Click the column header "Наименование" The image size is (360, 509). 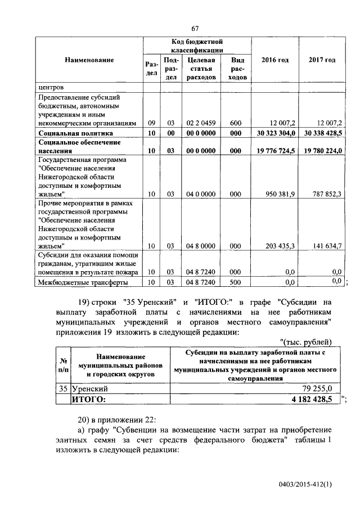pyautogui.click(x=89, y=60)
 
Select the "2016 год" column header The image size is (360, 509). pyautogui.click(x=276, y=60)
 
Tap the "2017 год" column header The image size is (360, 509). pyautogui.click(x=322, y=60)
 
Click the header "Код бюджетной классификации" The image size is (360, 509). pyautogui.click(x=197, y=46)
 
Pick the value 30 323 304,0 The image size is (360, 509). pyautogui.click(x=274, y=133)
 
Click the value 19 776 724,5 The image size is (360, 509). pyautogui.click(x=274, y=151)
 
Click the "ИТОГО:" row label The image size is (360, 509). pyautogui.click(x=89, y=399)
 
